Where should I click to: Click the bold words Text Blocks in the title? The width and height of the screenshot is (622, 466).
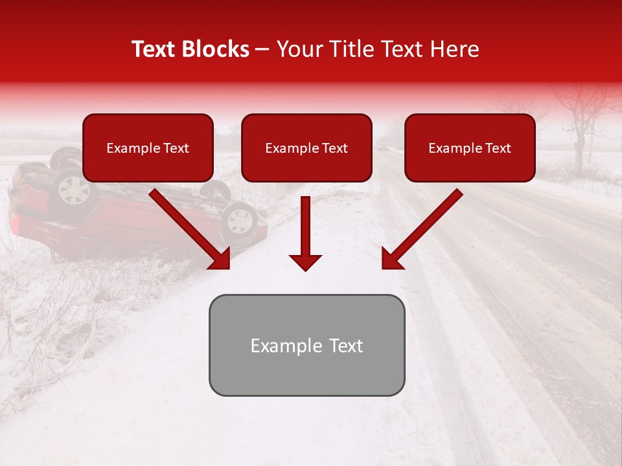tap(190, 49)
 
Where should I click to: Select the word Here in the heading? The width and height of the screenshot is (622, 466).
tap(454, 49)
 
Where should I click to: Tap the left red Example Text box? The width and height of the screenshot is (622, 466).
tap(148, 148)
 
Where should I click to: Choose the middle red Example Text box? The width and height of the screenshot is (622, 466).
tap(306, 148)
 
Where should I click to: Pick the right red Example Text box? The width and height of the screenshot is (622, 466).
tap(470, 148)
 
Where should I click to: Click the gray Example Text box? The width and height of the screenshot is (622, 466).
tap(306, 345)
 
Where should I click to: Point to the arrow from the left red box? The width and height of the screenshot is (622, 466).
tap(190, 229)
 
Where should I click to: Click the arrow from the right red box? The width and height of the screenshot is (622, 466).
tap(421, 229)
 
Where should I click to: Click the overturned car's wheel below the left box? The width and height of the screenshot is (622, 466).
tap(73, 188)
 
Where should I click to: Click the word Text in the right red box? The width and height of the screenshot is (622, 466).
tap(498, 148)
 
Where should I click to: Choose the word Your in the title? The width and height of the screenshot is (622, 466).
tap(299, 49)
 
